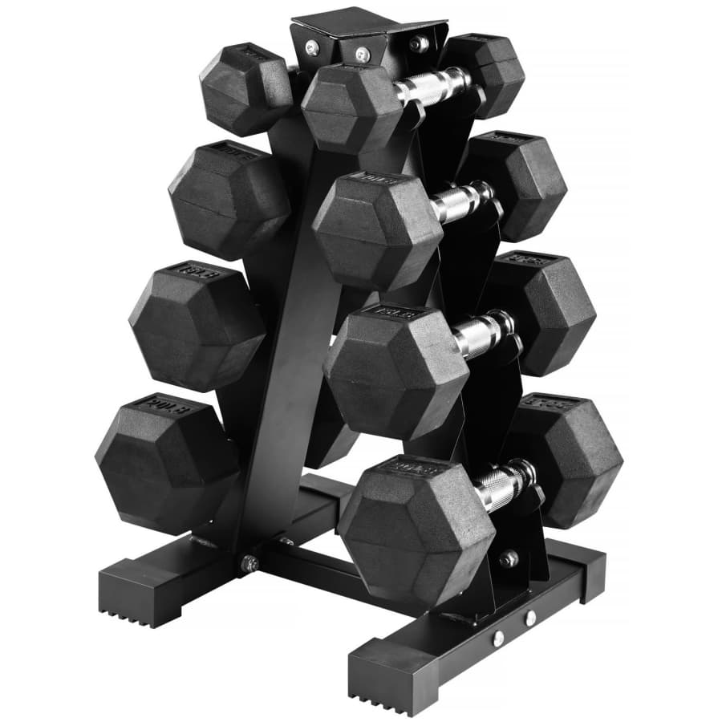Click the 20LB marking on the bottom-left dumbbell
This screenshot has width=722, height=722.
point(150,404)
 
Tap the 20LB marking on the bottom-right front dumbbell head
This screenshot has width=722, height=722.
point(418,468)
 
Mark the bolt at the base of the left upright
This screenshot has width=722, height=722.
point(249,564)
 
